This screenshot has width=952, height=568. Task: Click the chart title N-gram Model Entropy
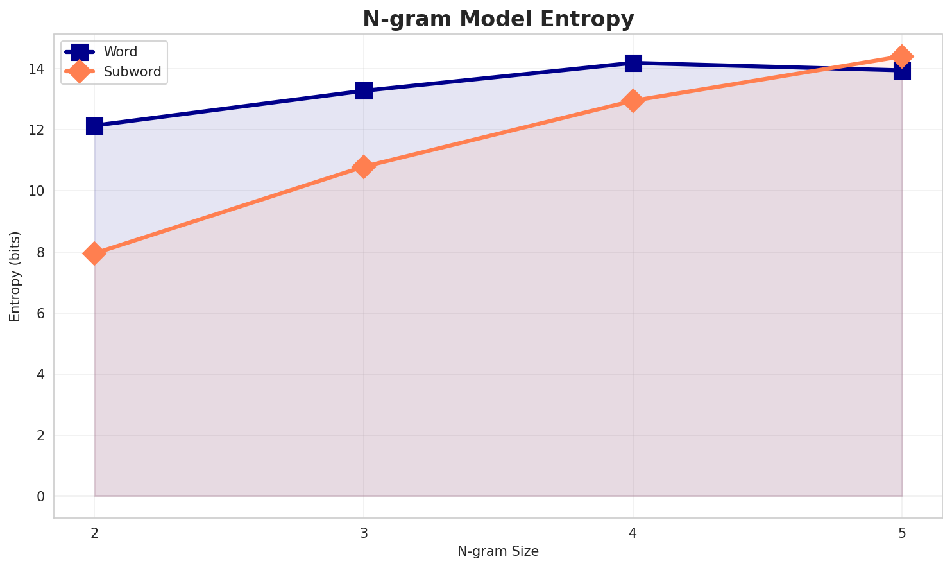click(498, 19)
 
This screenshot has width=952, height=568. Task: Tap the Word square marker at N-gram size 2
click(94, 126)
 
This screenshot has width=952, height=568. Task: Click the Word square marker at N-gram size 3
click(364, 90)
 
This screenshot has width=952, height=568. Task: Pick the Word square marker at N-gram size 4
click(633, 63)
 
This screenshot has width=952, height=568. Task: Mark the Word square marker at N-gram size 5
click(902, 71)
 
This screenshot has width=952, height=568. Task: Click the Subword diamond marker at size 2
click(94, 254)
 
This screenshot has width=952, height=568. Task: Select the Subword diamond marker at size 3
click(364, 167)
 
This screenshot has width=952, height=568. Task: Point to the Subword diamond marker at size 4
click(633, 101)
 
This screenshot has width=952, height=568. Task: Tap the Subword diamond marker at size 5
click(902, 56)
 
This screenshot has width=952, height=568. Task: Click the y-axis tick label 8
click(42, 252)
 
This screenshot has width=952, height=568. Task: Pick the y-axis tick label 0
click(42, 497)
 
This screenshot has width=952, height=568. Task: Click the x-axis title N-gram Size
click(498, 551)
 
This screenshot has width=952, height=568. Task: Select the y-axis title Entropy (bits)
click(15, 276)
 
